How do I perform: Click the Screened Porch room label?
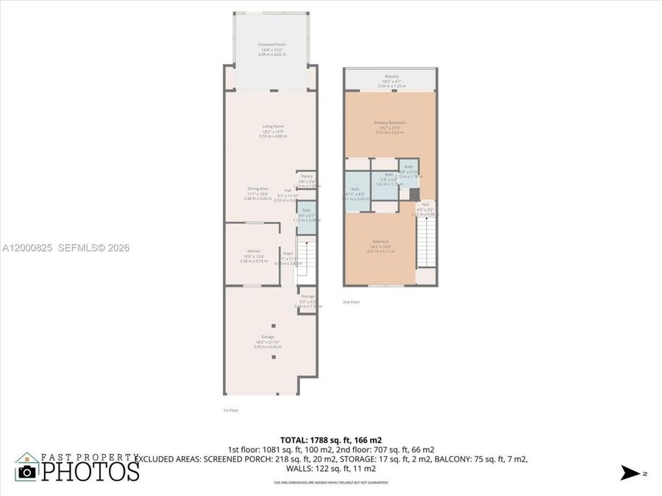(272, 46)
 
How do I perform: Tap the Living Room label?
(272, 127)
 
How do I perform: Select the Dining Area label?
(257, 189)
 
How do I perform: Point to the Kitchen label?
(254, 251)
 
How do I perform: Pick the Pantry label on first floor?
(307, 176)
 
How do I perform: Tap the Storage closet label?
(307, 296)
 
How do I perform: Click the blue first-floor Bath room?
(307, 220)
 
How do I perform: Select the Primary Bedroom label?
(389, 123)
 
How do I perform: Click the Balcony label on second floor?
(391, 76)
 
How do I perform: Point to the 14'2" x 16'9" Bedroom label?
(380, 242)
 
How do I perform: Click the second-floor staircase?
(427, 243)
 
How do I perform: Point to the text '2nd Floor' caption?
(351, 302)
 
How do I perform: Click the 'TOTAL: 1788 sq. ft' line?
(331, 440)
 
